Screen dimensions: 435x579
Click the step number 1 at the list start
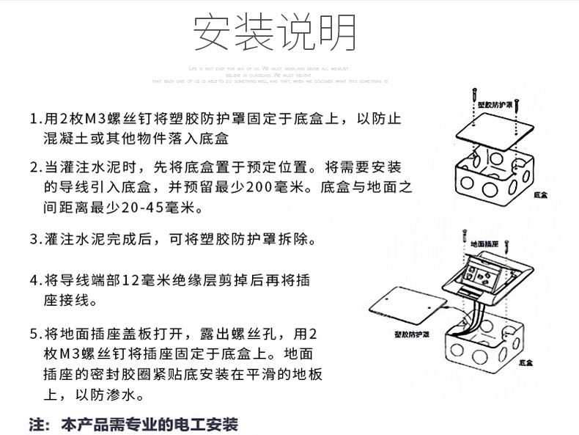pyautogui.click(x=34, y=120)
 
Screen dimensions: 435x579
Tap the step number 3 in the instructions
pyautogui.click(x=34, y=239)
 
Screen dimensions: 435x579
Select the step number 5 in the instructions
pyautogui.click(x=34, y=334)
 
